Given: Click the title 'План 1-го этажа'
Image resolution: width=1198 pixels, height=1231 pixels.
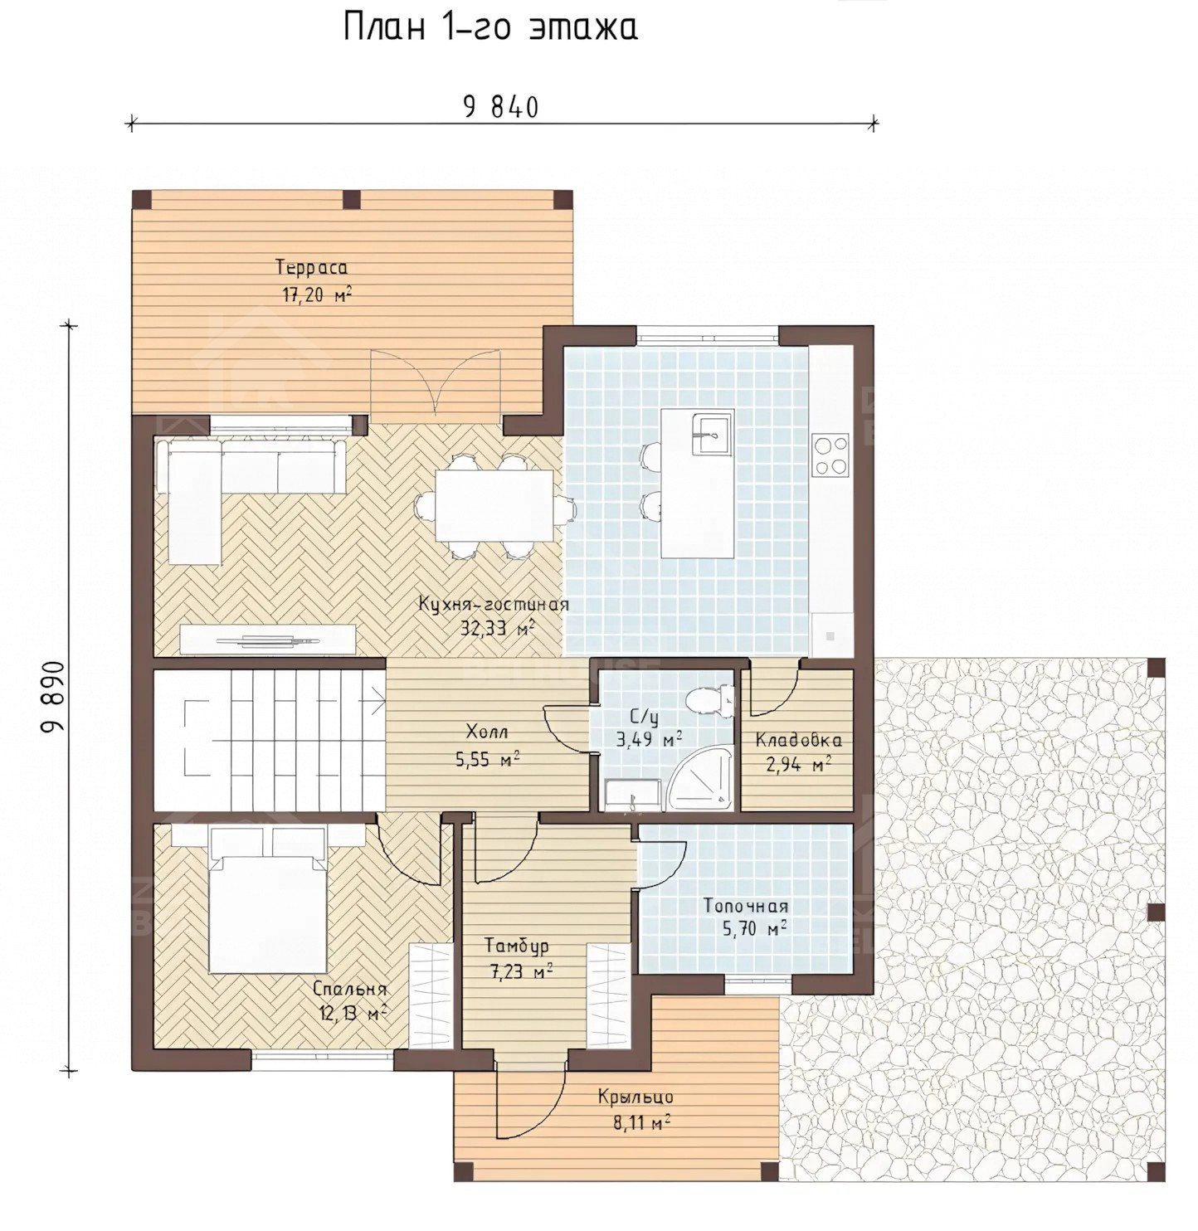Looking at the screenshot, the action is pyautogui.click(x=491, y=28).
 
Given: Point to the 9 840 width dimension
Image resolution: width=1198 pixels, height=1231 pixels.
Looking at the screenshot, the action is pyautogui.click(x=501, y=108).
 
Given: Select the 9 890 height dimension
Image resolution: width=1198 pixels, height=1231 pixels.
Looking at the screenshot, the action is pyautogui.click(x=54, y=697).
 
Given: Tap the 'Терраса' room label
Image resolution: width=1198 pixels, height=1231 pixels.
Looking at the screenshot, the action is pyautogui.click(x=311, y=268).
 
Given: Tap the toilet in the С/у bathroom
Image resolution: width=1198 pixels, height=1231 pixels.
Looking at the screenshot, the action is pyautogui.click(x=709, y=701).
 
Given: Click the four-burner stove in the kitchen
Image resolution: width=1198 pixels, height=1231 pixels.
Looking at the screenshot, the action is pyautogui.click(x=830, y=455).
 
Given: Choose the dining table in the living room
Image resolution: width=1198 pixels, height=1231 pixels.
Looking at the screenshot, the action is pyautogui.click(x=494, y=505).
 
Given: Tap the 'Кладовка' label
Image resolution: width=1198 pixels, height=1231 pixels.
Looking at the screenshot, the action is pyautogui.click(x=798, y=740).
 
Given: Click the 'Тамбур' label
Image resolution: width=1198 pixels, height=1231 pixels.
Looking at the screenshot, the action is pyautogui.click(x=516, y=946).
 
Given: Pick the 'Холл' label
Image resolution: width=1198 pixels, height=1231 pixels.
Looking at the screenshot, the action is pyautogui.click(x=487, y=732).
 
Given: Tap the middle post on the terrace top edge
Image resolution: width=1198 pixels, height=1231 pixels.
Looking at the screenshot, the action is pyautogui.click(x=351, y=199).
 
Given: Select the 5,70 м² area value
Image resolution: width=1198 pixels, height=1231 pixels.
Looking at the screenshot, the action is pyautogui.click(x=754, y=929).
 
